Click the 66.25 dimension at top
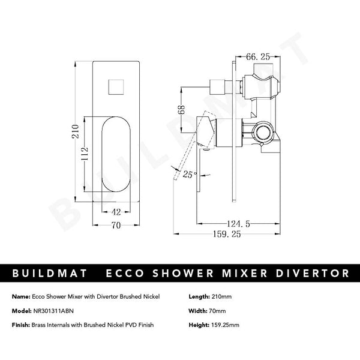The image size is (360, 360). [x=259, y=58]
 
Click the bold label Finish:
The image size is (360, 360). [x=22, y=325]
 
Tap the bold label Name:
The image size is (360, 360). [x=21, y=296]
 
